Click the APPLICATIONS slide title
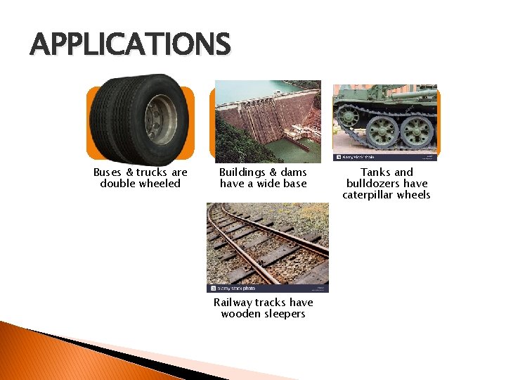click(x=130, y=45)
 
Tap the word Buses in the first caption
click(x=108, y=172)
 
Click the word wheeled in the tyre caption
click(x=160, y=184)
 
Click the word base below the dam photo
click(x=293, y=184)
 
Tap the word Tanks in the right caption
click(x=375, y=172)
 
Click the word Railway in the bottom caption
click(x=233, y=303)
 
